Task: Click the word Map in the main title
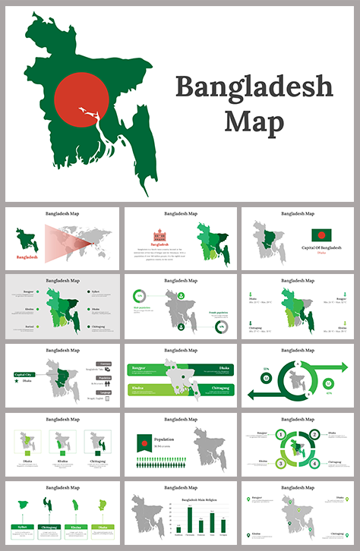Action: tap(254, 121)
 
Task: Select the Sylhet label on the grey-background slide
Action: tap(94, 291)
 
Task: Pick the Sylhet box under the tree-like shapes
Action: tap(25, 526)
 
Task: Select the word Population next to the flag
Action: tap(164, 439)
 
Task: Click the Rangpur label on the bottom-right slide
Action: tap(260, 498)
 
